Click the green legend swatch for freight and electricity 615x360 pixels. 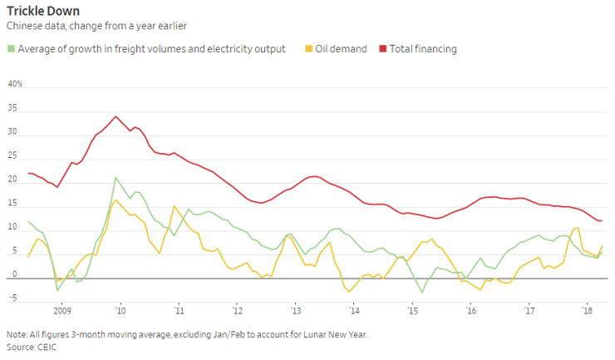pos(11,49)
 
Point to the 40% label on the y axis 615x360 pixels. pos(14,85)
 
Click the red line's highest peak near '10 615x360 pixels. pos(116,116)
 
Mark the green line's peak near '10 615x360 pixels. pos(116,177)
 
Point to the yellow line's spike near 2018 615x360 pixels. pos(577,228)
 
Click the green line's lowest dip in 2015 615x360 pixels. pos(422,293)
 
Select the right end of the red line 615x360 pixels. pos(601,220)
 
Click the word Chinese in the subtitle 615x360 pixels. pos(24,26)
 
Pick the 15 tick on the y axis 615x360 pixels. pos(12,204)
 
